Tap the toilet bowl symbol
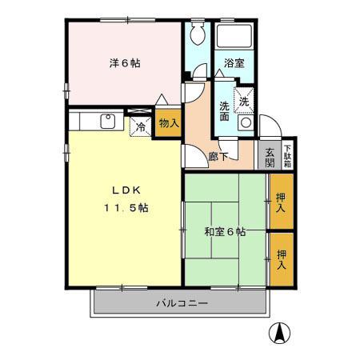click(x=198, y=37)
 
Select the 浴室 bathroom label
click(x=234, y=62)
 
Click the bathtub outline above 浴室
click(x=235, y=36)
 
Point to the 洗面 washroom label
click(x=225, y=109)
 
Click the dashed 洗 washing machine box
click(x=246, y=100)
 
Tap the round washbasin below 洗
click(x=246, y=123)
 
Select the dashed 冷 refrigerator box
click(x=141, y=126)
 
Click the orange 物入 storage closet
click(x=167, y=123)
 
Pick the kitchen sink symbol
click(x=106, y=122)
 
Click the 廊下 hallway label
click(x=218, y=157)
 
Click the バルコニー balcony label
click(x=182, y=304)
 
